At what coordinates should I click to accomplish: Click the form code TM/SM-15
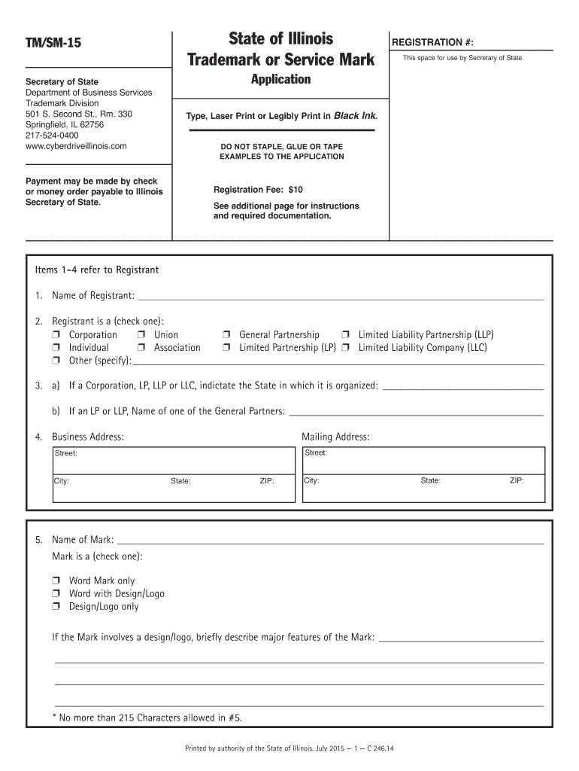coord(53,44)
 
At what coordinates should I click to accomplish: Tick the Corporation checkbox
coord(56,335)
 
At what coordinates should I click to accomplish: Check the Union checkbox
coord(141,335)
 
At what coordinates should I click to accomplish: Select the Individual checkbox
coord(56,348)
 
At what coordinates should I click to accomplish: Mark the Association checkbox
coord(141,348)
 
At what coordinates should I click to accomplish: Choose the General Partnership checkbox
coord(226,335)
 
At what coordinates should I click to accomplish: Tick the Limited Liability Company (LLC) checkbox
coord(346,348)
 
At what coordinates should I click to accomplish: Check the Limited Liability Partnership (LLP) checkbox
coord(346,335)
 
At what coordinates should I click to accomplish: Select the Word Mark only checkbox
coord(56,581)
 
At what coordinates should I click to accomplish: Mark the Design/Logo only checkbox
coord(56,607)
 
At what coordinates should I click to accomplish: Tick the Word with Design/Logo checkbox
coord(56,594)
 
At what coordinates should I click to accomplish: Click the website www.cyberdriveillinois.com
coord(76,146)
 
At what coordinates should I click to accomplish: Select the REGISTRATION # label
coord(432,43)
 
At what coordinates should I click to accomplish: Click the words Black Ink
coord(356,116)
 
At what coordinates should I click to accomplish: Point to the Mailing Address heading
coord(335,437)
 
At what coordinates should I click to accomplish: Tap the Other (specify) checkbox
coord(56,361)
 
